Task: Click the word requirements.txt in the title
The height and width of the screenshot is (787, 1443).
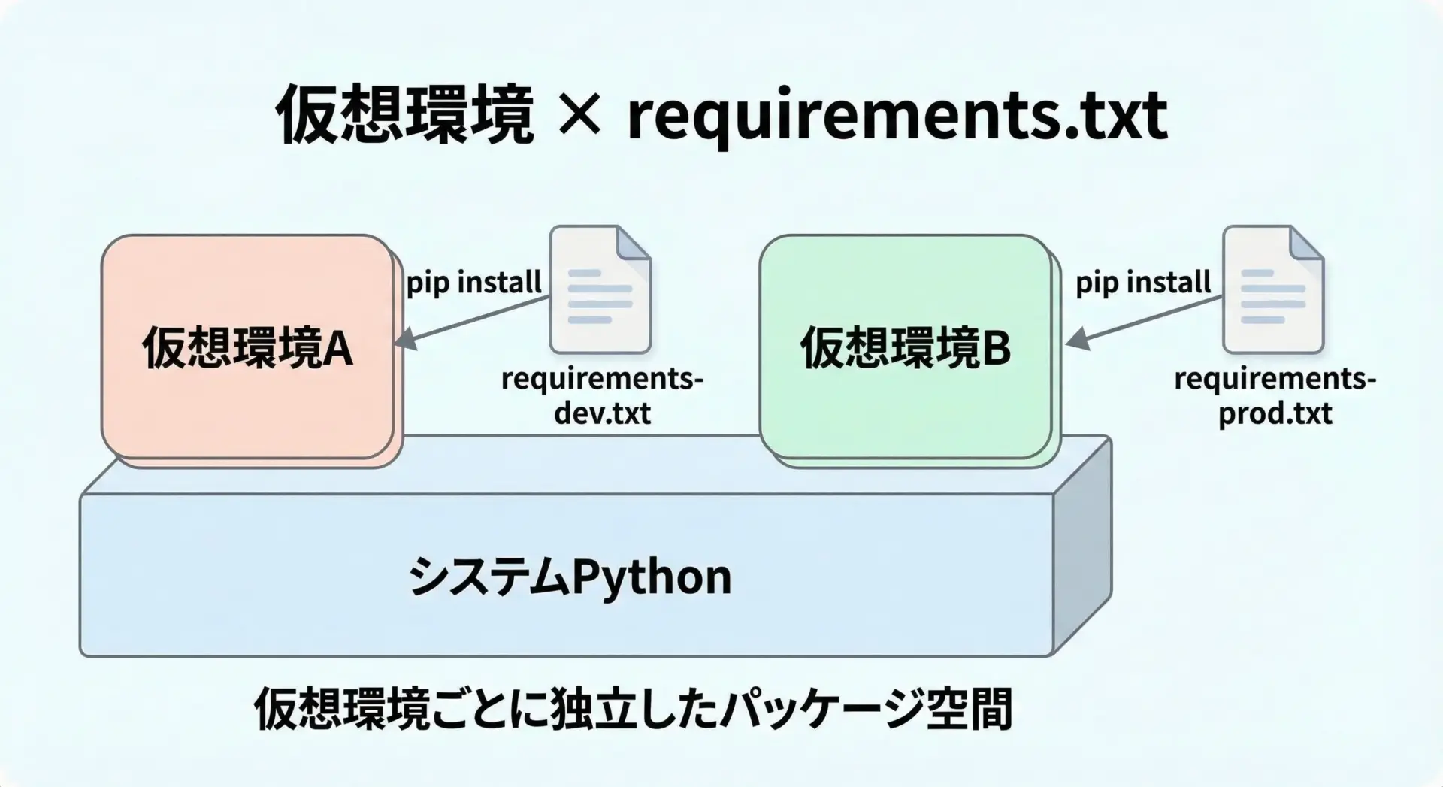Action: tap(897, 117)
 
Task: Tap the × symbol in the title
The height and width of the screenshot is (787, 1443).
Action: tap(579, 115)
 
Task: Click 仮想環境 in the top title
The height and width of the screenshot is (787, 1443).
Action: tap(405, 115)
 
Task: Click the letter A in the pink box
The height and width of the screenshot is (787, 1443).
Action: tap(337, 349)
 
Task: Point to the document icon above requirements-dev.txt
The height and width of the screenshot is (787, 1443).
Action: tap(600, 290)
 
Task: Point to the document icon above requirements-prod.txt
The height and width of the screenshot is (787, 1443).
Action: tap(1272, 290)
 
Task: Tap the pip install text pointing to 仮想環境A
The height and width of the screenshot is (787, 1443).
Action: tap(473, 283)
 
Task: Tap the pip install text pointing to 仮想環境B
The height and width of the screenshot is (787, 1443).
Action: tap(1142, 283)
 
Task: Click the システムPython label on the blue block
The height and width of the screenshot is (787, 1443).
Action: tap(570, 577)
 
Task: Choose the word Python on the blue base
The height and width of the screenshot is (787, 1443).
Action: tap(651, 577)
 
